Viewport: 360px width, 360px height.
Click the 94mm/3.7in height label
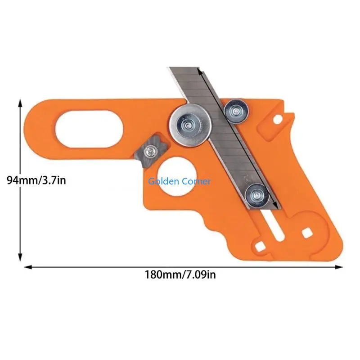pyautogui.click(x=36, y=180)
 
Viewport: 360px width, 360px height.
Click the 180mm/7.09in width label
pyautogui.click(x=180, y=274)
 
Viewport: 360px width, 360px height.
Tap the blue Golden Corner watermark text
pyautogui.click(x=180, y=181)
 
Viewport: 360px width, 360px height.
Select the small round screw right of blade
pyautogui.click(x=236, y=110)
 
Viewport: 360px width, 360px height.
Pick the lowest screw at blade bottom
pyautogui.click(x=256, y=195)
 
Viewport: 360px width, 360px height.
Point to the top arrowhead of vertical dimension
pyautogui.click(x=20, y=103)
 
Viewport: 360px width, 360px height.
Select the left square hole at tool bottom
pyautogui.click(x=260, y=247)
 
